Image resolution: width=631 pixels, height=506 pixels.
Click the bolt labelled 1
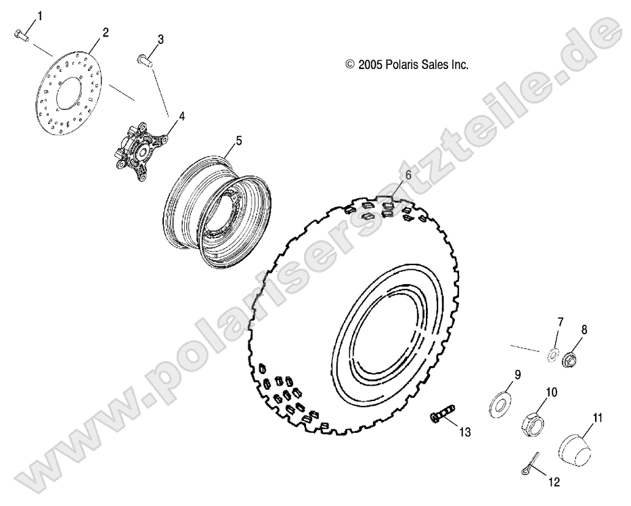pyautogui.click(x=20, y=35)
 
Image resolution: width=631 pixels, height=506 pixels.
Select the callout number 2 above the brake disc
pyautogui.click(x=104, y=31)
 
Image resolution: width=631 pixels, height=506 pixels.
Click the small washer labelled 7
pyautogui.click(x=552, y=354)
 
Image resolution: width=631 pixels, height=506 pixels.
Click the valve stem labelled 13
pyautogui.click(x=441, y=413)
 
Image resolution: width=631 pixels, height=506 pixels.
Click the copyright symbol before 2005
pyautogui.click(x=350, y=65)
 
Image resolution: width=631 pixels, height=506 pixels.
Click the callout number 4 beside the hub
pyautogui.click(x=181, y=116)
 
